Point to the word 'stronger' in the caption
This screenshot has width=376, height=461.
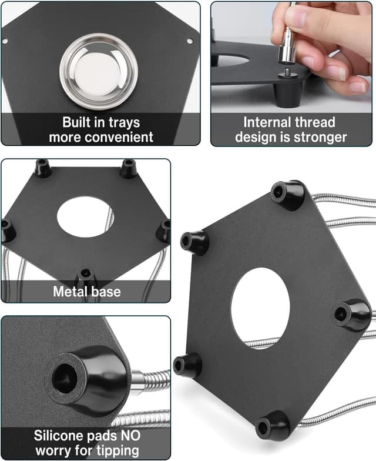[321, 138]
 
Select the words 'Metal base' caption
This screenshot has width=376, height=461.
[86, 291]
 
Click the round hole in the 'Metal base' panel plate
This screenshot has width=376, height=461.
[85, 217]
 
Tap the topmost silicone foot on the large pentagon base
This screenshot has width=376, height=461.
[288, 195]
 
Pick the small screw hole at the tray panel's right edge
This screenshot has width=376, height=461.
[189, 41]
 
